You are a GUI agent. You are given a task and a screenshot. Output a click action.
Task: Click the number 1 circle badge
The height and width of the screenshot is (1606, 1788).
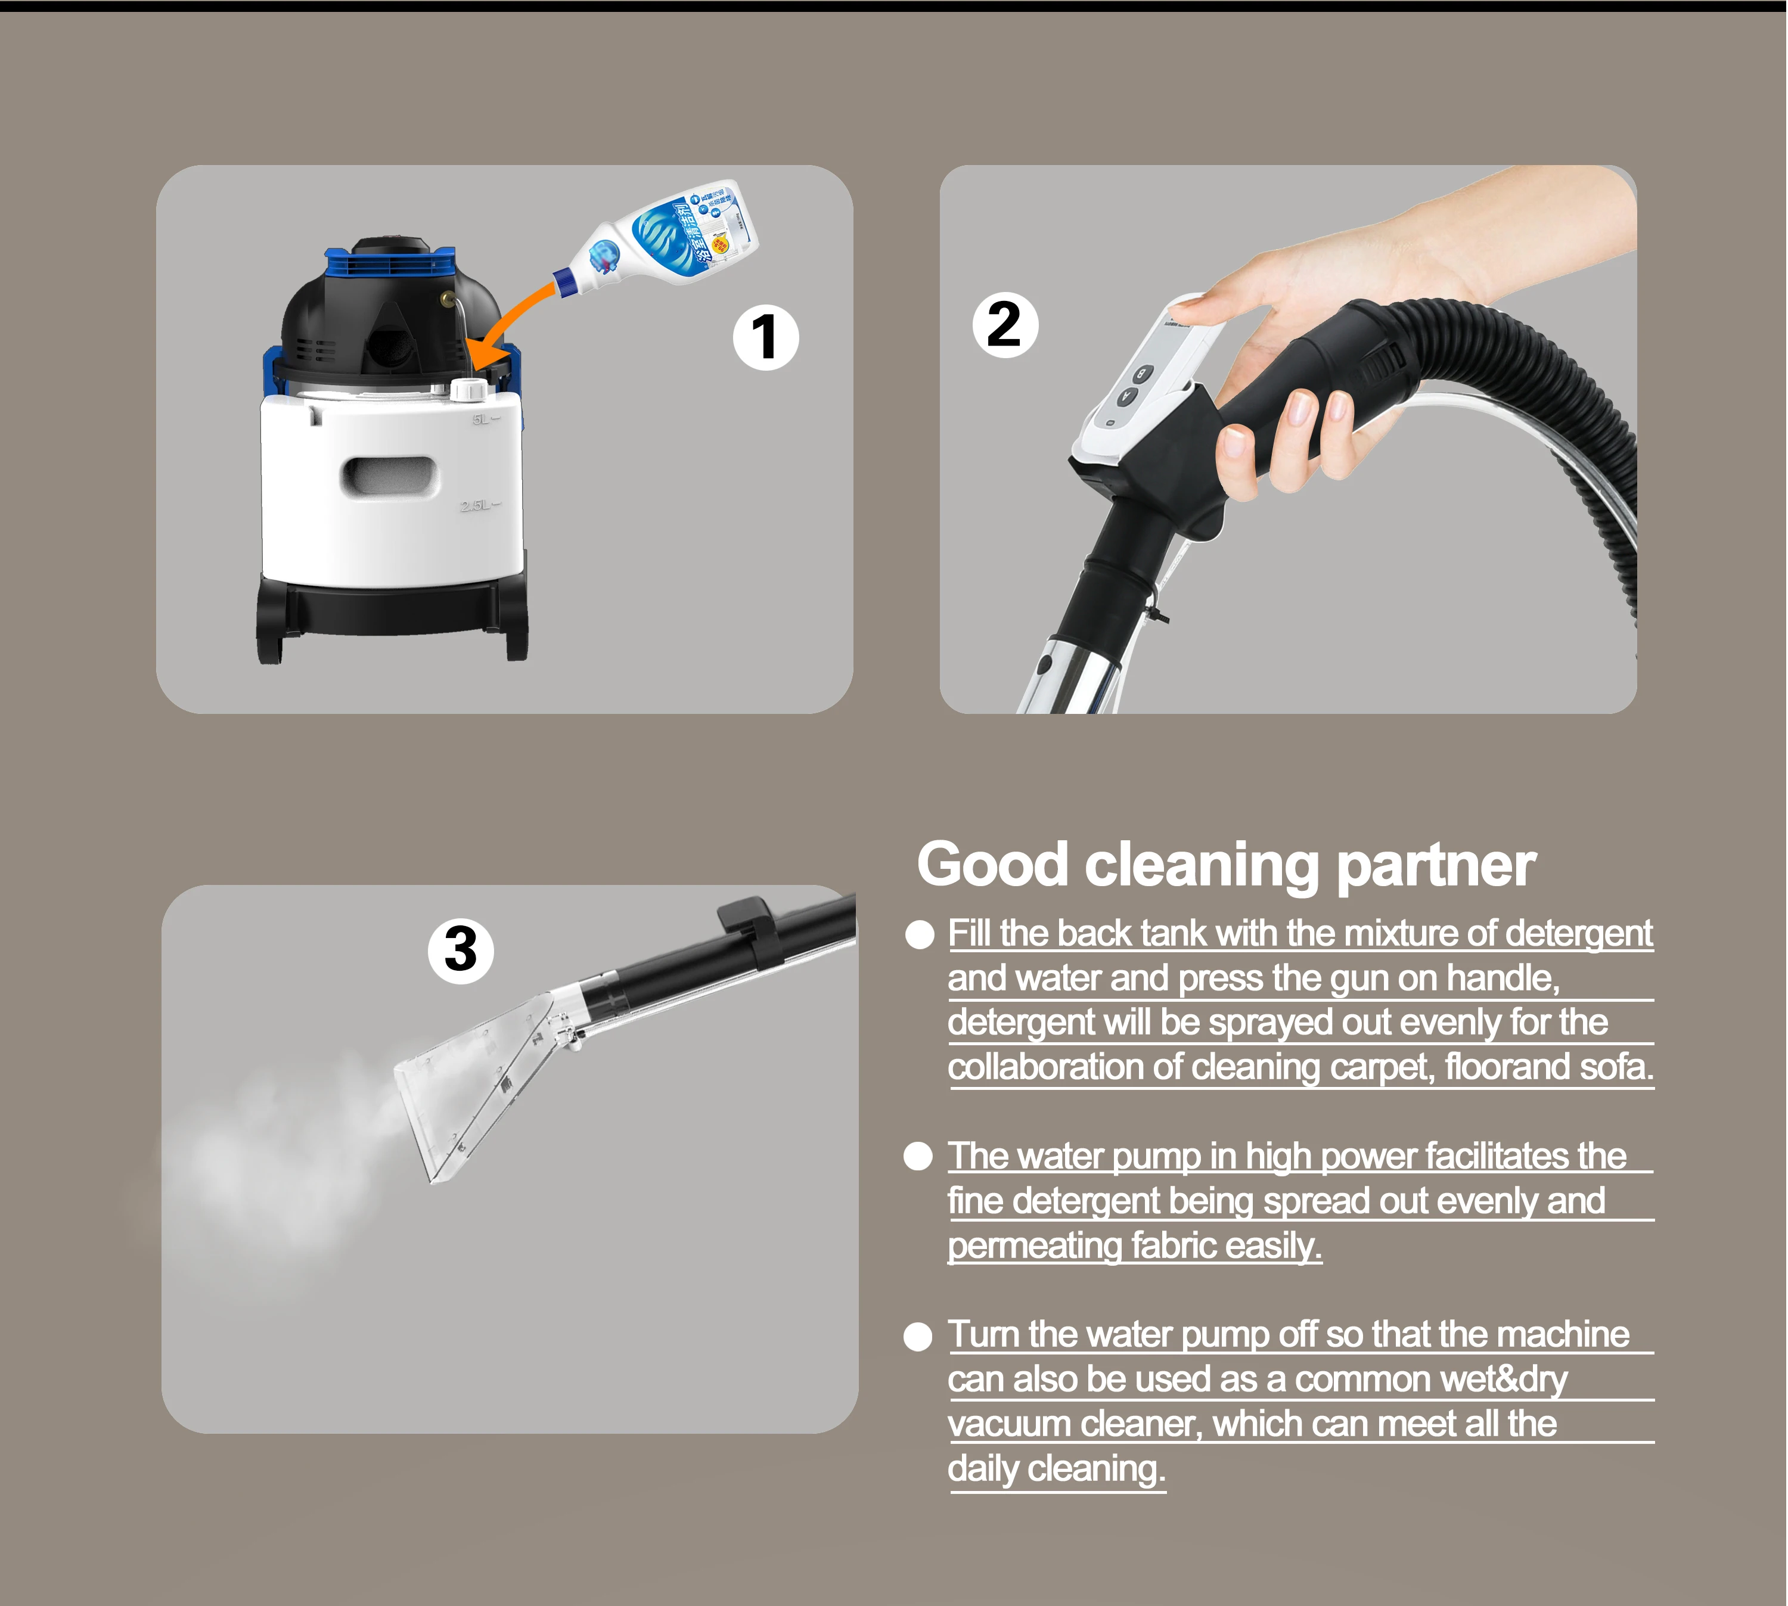(x=765, y=337)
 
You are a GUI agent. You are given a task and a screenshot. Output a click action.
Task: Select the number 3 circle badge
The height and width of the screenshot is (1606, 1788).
(x=461, y=950)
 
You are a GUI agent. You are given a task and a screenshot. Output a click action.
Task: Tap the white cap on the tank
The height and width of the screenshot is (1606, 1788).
(x=468, y=389)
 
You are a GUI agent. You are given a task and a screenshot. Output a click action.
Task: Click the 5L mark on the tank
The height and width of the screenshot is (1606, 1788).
(x=482, y=419)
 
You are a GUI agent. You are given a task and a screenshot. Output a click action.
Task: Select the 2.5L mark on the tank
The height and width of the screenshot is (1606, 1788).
(x=477, y=505)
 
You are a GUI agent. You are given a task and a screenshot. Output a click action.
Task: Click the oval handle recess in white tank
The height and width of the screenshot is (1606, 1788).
(x=389, y=477)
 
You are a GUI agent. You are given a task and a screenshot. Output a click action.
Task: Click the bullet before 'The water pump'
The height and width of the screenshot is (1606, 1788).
(x=918, y=1156)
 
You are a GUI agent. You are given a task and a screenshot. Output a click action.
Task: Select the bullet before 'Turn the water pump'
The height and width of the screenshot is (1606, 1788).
(x=918, y=1337)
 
